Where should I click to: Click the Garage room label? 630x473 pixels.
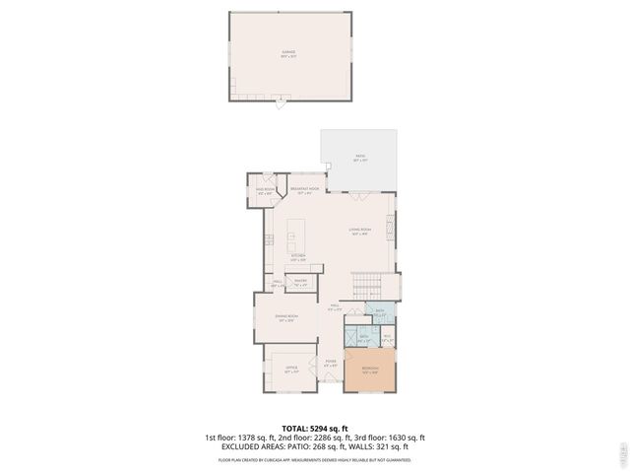pos(288,54)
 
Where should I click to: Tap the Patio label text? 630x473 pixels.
pos(359,159)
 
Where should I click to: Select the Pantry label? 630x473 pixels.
pos(300,283)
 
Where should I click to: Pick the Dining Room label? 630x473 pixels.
pos(286,317)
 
